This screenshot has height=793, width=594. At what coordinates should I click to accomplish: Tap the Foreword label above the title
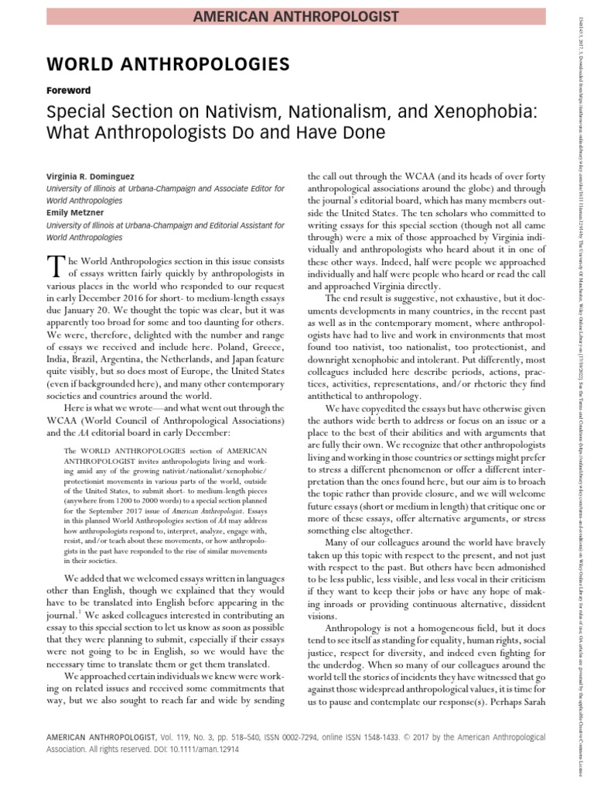pyautogui.click(x=70, y=90)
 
